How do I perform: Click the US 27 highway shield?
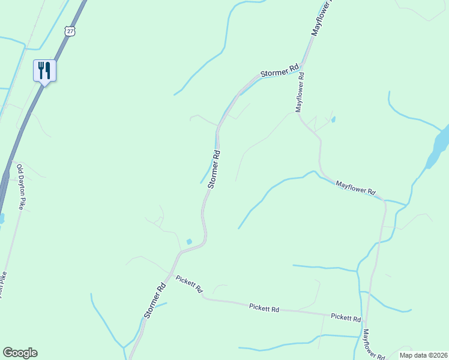pos(70,31)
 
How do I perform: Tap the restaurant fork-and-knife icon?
pos(44,71)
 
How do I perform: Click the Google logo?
pos(20,353)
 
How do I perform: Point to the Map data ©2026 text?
pos(424,355)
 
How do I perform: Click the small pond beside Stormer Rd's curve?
pos(189,242)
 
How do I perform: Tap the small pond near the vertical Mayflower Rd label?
pos(333,119)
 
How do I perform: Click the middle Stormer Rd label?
pos(214,170)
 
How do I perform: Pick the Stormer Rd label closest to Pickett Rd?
pos(154,301)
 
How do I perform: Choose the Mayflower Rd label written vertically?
pos(300,92)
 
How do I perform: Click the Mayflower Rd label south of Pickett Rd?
pos(374,344)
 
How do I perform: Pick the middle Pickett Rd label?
pos(264,308)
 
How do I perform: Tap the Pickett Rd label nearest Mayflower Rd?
pos(346,317)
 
